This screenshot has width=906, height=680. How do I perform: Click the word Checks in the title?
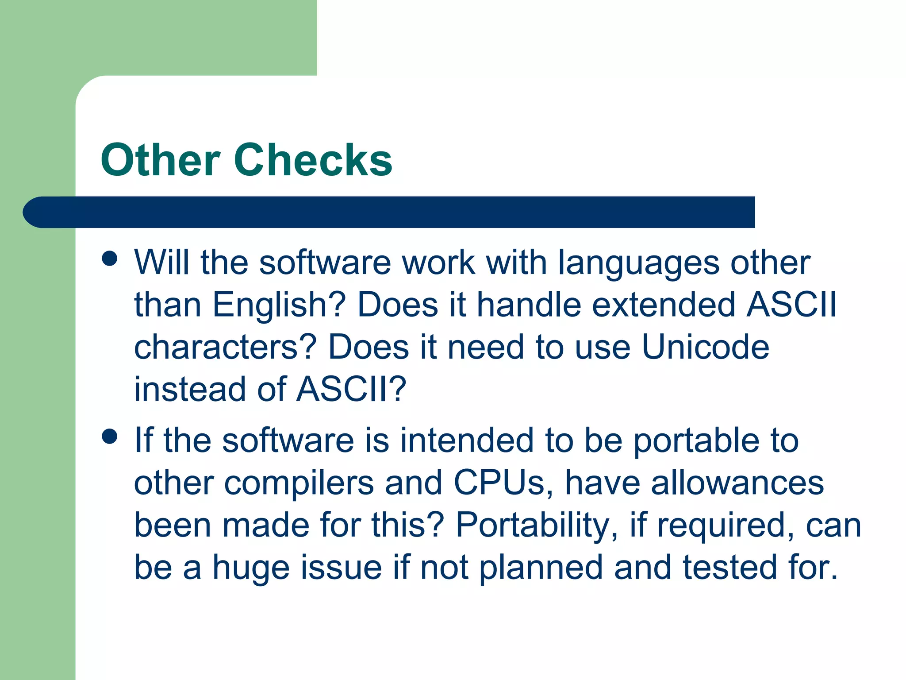click(x=313, y=160)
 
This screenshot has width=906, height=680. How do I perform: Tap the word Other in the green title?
click(x=160, y=160)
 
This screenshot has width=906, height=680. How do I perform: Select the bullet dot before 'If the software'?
click(x=109, y=436)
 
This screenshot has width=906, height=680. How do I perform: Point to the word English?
click(x=279, y=305)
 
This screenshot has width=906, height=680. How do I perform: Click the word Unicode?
click(x=705, y=347)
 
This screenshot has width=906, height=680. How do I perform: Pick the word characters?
click(x=226, y=347)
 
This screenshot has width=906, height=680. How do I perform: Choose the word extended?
click(x=664, y=305)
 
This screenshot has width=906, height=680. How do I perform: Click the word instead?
click(x=189, y=390)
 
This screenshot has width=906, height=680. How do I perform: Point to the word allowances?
click(x=737, y=483)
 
